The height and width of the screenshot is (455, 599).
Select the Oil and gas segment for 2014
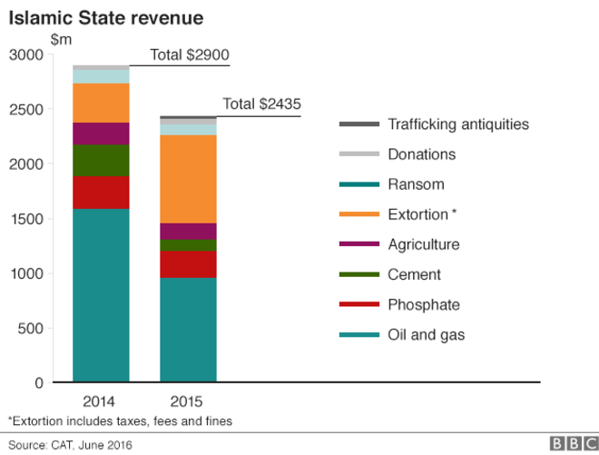(x=101, y=295)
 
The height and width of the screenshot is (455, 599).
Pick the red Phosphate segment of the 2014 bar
(x=101, y=193)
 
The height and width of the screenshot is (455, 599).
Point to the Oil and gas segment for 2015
(x=188, y=330)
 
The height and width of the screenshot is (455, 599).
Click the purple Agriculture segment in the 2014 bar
(x=101, y=134)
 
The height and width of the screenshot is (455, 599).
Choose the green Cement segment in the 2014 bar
(x=101, y=161)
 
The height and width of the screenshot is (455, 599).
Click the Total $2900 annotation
(x=190, y=56)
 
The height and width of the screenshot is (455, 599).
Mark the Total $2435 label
(x=261, y=104)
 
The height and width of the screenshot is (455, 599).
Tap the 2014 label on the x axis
(x=101, y=401)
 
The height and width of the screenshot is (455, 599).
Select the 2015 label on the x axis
(x=188, y=401)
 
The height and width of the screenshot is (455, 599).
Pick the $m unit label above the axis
(x=60, y=39)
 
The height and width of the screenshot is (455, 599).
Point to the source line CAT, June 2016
(x=68, y=444)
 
